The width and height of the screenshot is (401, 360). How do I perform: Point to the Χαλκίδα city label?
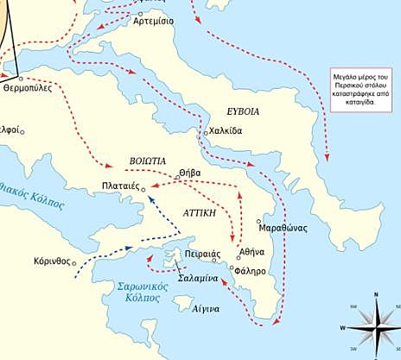coord(226,131)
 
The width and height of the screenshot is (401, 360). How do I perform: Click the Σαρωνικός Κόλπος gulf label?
coord(137,291)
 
